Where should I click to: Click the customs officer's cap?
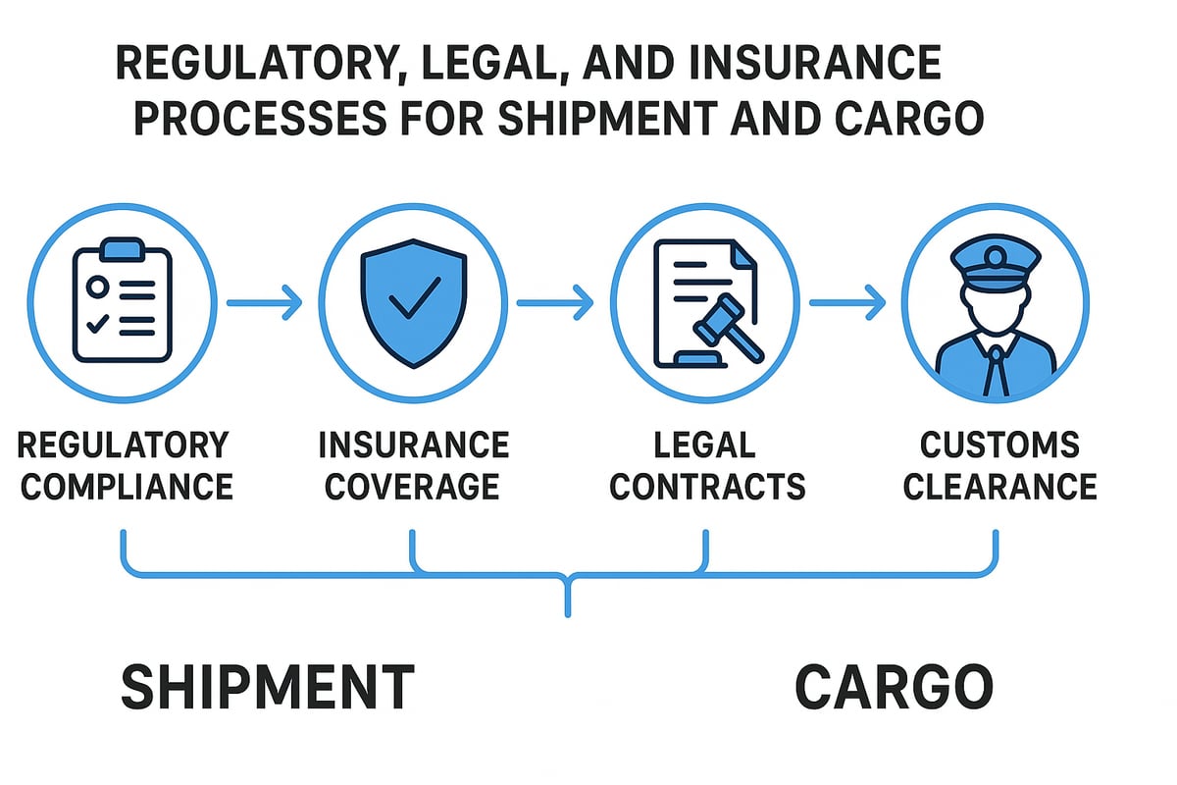[995, 263]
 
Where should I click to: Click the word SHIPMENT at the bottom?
[267, 686]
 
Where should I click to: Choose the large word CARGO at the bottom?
[894, 686]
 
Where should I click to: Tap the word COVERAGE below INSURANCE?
[413, 486]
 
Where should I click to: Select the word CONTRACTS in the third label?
[706, 486]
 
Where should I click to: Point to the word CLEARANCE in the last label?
[999, 486]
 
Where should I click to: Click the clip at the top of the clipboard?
[123, 247]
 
